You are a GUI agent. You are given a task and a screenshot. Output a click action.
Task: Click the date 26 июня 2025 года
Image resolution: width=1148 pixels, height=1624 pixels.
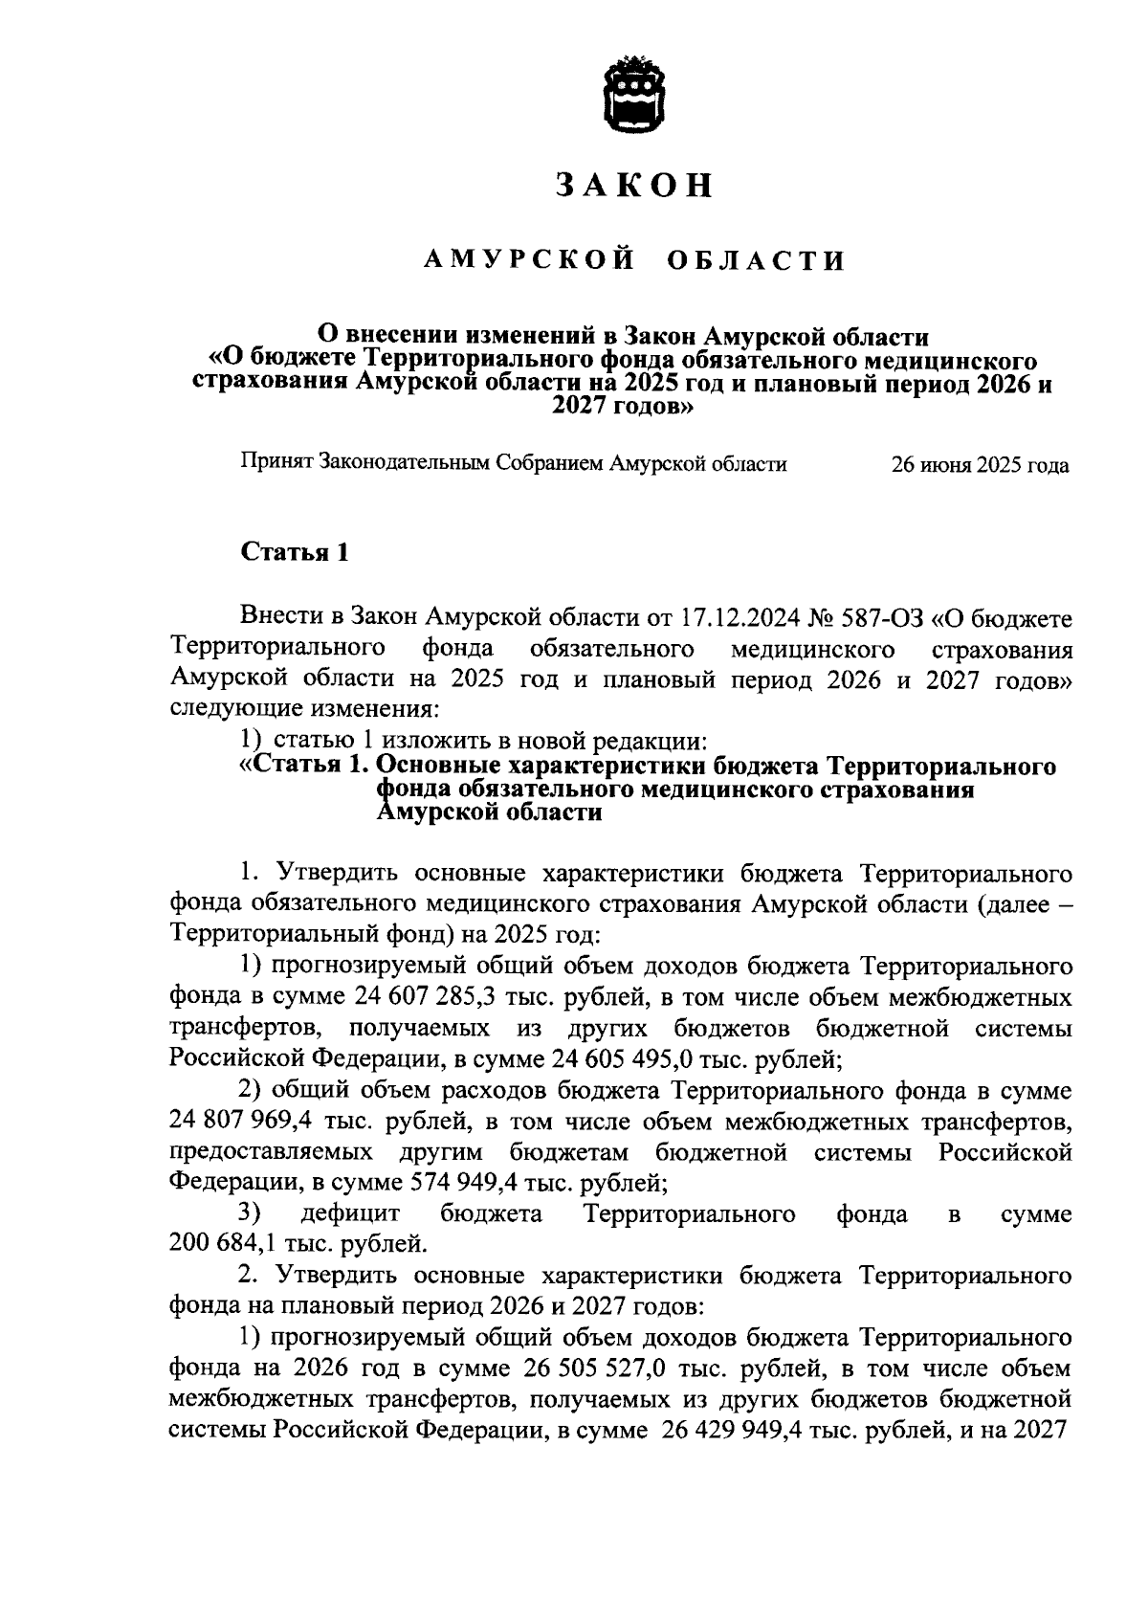pos(980,466)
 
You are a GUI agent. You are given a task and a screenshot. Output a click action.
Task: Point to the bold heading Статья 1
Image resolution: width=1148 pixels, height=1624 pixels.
pos(294,552)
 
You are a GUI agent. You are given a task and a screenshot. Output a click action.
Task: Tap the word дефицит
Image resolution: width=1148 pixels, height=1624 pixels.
pos(349,1214)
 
